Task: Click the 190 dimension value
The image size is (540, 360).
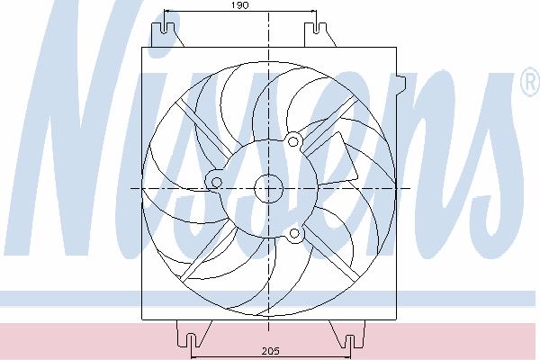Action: tap(240, 5)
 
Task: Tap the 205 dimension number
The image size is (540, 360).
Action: tap(271, 351)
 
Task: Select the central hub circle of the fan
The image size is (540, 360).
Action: tap(268, 188)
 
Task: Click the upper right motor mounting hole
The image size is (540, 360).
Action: tap(292, 141)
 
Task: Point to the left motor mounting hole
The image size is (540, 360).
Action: tap(216, 182)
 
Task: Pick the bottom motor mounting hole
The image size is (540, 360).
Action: tap(294, 234)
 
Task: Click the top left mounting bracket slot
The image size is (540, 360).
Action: tap(165, 28)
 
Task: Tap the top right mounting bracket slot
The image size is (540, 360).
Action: tap(316, 28)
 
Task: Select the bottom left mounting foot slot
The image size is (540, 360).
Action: tap(191, 341)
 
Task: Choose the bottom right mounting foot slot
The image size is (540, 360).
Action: tap(350, 341)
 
